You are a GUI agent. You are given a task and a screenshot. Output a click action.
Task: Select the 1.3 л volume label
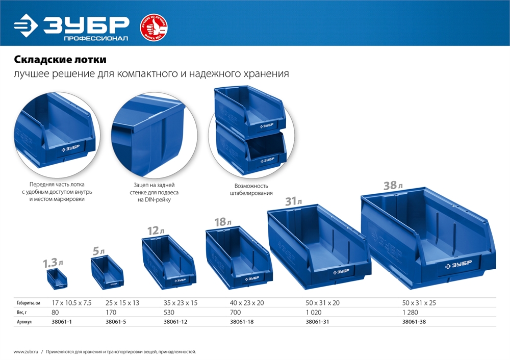(x=53, y=263)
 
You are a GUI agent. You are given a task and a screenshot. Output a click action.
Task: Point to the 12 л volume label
(x=154, y=231)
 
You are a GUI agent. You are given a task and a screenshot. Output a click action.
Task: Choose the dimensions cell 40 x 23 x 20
(x=247, y=303)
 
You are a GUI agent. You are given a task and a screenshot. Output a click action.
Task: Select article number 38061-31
(x=316, y=322)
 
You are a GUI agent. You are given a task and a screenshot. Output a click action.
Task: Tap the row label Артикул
(x=24, y=322)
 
